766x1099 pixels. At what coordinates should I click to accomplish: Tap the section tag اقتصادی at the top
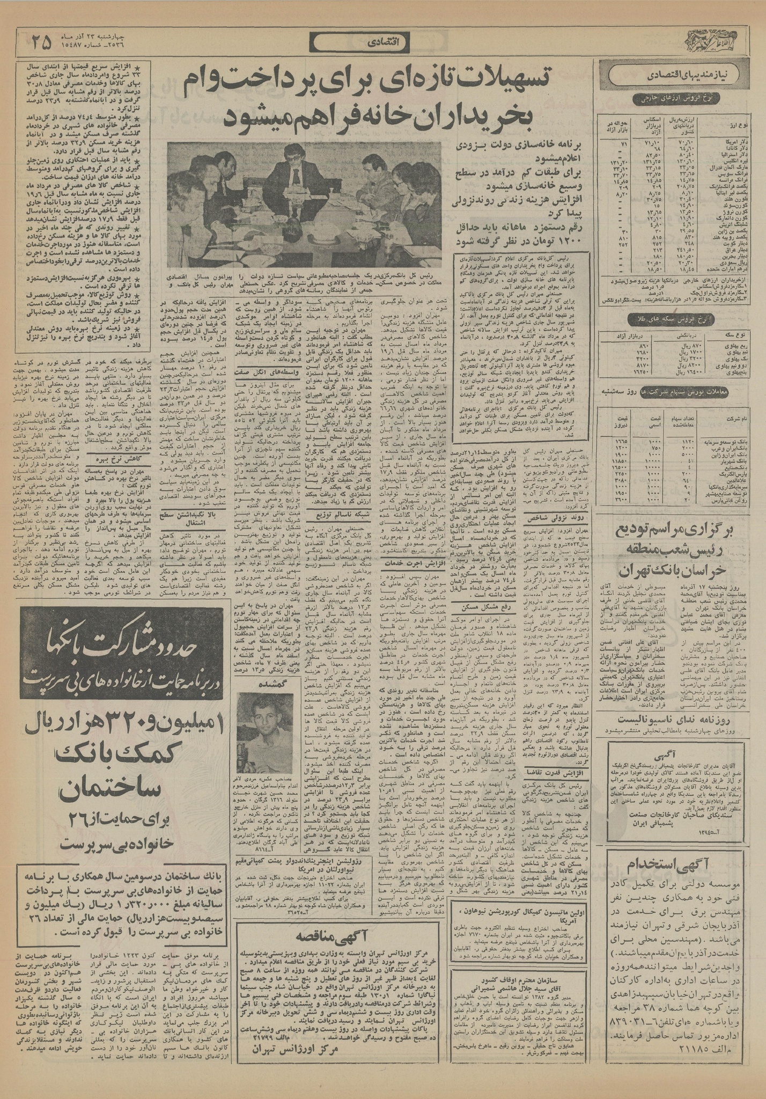tap(382, 42)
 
